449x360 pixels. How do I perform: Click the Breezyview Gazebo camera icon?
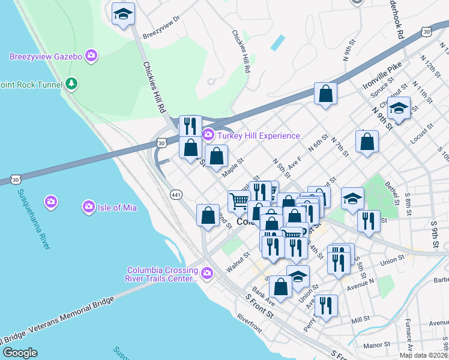[x=91, y=56]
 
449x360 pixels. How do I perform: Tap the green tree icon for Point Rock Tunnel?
[x=71, y=83]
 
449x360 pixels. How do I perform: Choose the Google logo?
[x=20, y=352]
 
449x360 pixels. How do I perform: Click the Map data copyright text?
[x=423, y=355]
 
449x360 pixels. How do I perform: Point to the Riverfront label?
[x=249, y=322]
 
